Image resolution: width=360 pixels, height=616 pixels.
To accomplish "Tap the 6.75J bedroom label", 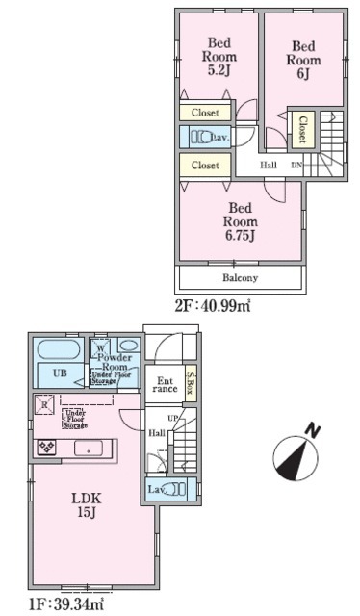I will coord(241,220).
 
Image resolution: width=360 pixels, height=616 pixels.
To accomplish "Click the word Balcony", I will coord(240,278).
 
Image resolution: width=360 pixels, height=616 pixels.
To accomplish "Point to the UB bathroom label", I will coord(60,374).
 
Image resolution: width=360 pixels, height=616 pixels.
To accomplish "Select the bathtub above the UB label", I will coord(60,349).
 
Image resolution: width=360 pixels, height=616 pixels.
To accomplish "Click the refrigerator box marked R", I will coord(43,405).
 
